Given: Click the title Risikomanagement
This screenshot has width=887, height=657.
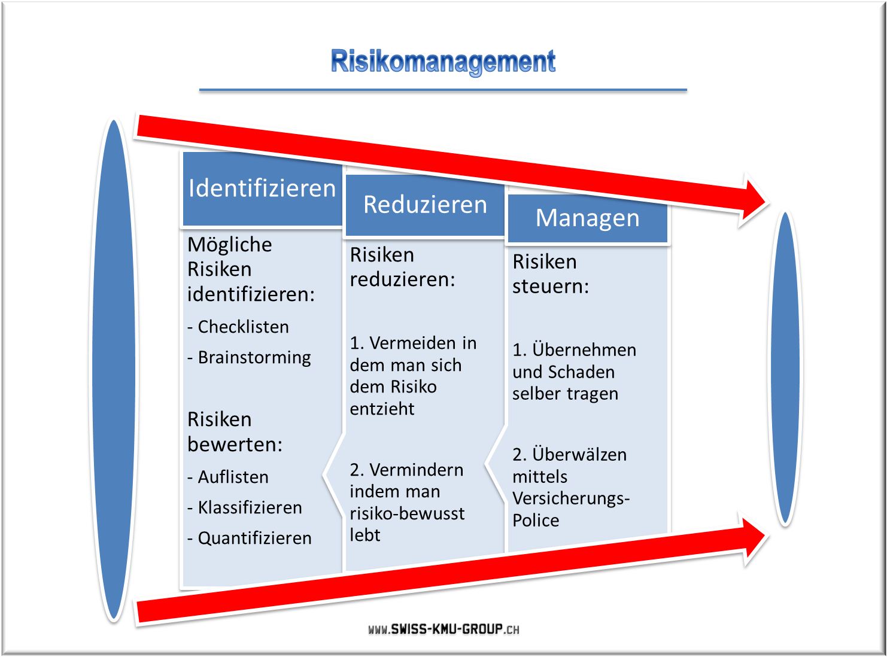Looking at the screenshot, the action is [443, 62].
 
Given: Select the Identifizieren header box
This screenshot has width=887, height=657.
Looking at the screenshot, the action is [262, 188].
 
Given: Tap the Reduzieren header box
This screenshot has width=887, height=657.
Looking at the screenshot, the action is [425, 205].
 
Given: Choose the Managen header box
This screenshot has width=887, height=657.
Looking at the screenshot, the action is [588, 218].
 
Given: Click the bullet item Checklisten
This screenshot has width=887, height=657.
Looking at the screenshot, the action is [238, 327].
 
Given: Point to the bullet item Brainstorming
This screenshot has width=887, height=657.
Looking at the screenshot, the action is [249, 357].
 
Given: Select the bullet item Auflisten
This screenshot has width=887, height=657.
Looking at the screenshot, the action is [228, 477].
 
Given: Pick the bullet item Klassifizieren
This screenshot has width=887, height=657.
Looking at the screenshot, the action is [245, 507].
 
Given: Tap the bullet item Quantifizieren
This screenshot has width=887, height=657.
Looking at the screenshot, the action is [250, 539].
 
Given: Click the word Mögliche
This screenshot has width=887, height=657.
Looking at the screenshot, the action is [230, 244].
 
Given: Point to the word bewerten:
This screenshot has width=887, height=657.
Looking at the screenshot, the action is [235, 444].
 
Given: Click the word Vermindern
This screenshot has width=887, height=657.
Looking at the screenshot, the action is [417, 470].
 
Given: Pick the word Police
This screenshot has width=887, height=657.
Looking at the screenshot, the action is [536, 520].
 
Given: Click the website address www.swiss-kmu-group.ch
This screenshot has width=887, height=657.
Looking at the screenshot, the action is [444, 629].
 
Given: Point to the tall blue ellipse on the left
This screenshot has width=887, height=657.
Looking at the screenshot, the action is [114, 370].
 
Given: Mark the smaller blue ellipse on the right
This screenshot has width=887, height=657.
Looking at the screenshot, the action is [785, 368].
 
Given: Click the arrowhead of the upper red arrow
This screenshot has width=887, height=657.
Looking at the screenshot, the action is [752, 200].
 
